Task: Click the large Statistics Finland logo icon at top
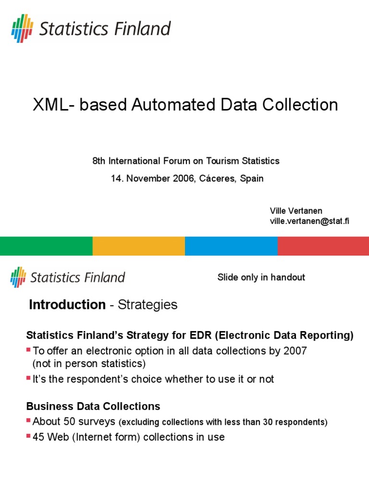[22, 28]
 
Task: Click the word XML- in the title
[53, 105]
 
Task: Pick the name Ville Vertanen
[295, 211]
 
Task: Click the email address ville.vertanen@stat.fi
[309, 221]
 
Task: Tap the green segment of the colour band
[46, 246]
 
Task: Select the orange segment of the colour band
[138, 246]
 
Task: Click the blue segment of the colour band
[231, 246]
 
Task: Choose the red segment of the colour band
[323, 246]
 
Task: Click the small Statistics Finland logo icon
[18, 277]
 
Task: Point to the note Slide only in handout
[261, 277]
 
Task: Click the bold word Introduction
[67, 305]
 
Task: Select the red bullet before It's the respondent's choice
[28, 379]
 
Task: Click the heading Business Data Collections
[93, 406]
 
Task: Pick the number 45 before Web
[38, 437]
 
